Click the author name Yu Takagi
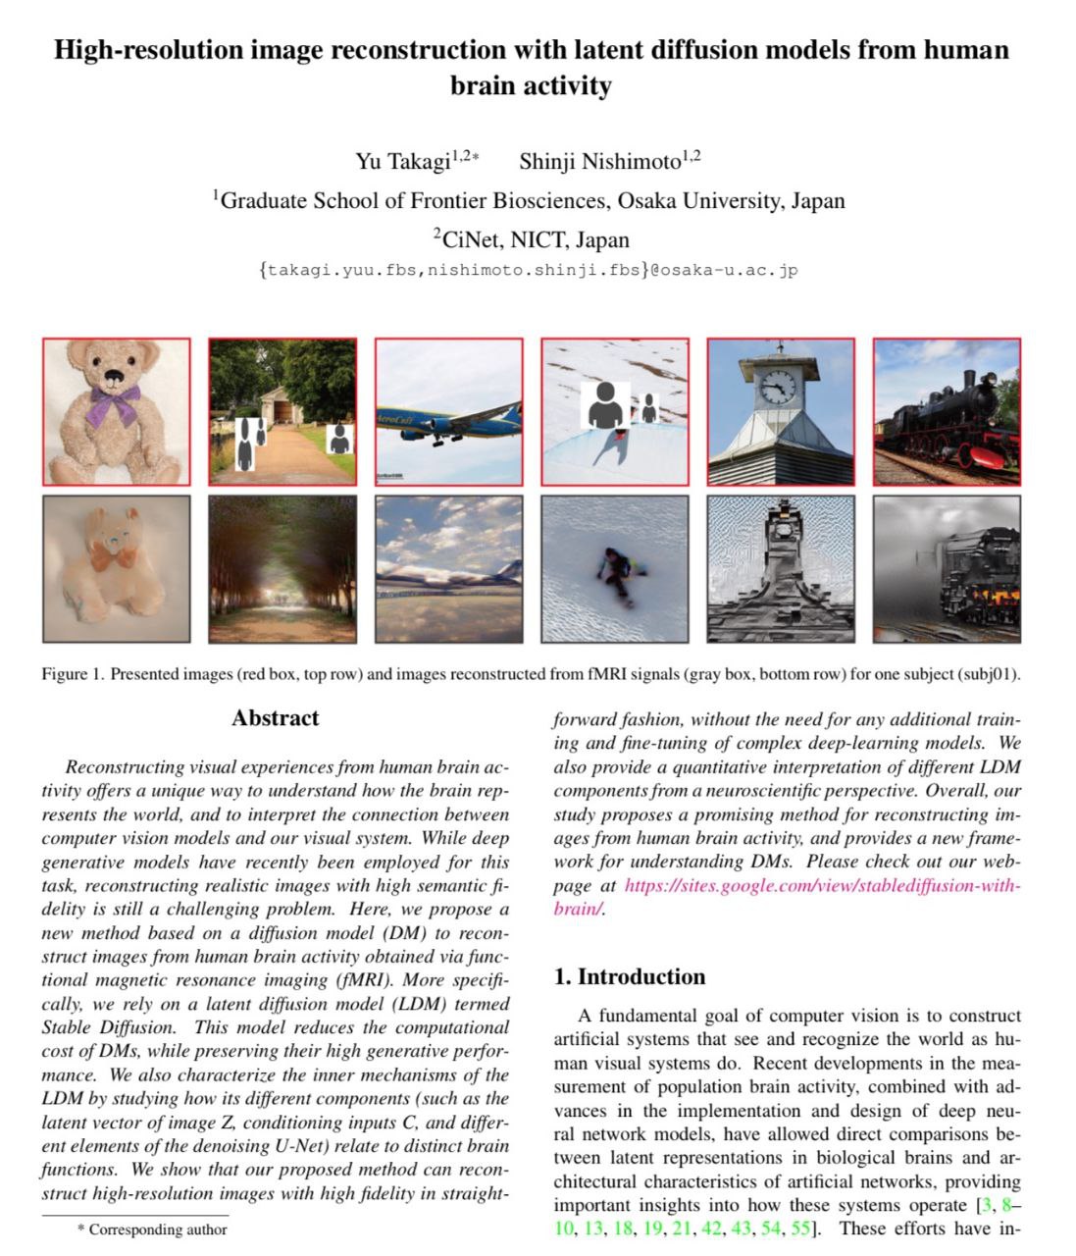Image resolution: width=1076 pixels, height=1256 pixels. click(x=402, y=162)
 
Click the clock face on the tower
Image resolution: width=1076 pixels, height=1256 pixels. click(x=778, y=385)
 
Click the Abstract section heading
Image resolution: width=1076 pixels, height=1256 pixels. click(x=276, y=718)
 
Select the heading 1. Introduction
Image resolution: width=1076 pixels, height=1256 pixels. click(x=629, y=976)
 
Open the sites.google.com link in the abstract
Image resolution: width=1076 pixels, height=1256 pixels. click(x=822, y=885)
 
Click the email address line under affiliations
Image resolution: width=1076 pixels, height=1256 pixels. click(x=529, y=270)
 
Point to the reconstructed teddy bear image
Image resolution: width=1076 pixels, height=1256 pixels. click(x=116, y=568)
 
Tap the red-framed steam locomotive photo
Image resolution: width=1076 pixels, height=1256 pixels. click(x=947, y=411)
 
